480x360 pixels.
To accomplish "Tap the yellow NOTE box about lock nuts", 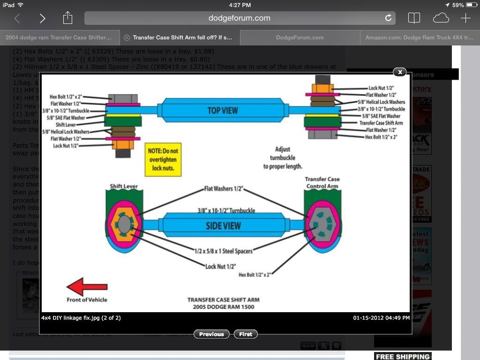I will point(163,159).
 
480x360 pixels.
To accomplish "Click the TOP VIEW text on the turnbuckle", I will point(223,111).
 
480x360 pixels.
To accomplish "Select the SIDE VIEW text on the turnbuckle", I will point(223,225).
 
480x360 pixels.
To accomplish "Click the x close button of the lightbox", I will point(399,72).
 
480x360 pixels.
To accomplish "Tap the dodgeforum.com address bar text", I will point(239,18).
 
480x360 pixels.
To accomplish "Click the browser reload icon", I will point(388,18).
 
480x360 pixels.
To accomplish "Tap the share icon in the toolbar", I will point(67,18).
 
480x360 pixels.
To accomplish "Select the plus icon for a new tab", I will point(465,18).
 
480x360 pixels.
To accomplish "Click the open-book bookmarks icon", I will point(414,18).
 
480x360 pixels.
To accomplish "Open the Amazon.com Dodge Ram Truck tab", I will point(419,37).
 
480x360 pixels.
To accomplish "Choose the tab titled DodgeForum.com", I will point(300,37).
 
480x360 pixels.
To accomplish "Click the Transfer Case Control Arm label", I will point(322,182).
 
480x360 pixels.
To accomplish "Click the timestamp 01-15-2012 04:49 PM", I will point(381,318).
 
